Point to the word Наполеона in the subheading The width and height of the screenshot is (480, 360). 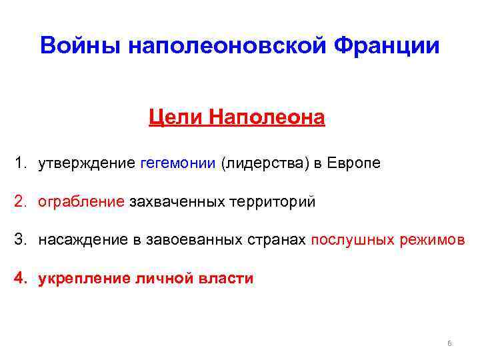267,118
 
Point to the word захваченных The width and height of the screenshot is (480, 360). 171,202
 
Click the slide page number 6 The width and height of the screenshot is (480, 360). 449,343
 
